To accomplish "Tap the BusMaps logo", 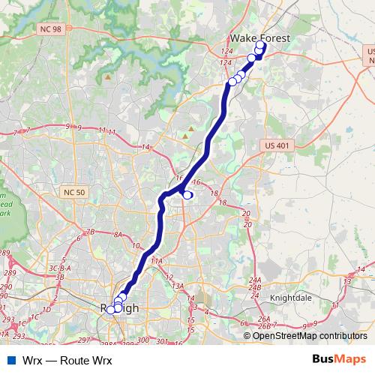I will [339, 359].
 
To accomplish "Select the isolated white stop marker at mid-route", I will [187, 195].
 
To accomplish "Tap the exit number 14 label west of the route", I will [146, 147].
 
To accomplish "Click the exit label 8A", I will [118, 235].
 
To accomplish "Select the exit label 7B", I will [91, 232].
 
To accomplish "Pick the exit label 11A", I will [156, 260].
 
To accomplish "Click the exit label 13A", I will [178, 286].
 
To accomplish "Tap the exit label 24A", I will [254, 280].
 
